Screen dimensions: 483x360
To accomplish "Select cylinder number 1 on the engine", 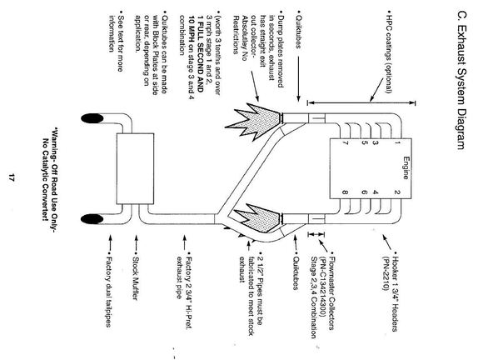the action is (397, 143).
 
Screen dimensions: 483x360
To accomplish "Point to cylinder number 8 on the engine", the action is (346, 192).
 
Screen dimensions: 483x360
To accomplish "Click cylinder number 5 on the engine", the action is (365, 143).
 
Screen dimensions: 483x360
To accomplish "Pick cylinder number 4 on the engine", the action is (376, 192).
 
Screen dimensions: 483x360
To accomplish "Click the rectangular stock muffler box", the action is (135, 168).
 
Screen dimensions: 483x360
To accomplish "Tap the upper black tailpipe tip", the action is (92, 118).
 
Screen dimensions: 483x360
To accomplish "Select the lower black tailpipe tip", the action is (92, 219).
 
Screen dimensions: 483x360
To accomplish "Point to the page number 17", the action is (12, 177).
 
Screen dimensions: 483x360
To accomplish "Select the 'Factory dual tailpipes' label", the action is (108, 289).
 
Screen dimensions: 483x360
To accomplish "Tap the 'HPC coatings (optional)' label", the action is (389, 54).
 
